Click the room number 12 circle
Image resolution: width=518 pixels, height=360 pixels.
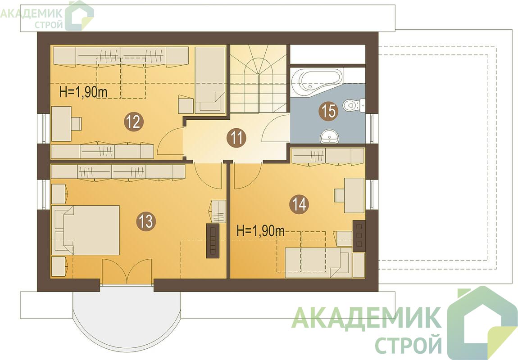pos(134,122)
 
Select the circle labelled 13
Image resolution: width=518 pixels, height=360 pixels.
pos(146,221)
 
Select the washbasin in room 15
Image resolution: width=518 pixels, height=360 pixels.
pos(330,136)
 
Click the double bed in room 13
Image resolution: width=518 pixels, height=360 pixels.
pos(86,230)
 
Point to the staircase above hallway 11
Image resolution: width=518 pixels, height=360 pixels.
pos(258,79)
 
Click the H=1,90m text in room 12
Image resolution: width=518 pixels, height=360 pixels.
pos(83,92)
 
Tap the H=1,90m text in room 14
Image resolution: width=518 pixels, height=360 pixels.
pos(261,231)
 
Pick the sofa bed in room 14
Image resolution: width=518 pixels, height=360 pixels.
pos(318,263)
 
